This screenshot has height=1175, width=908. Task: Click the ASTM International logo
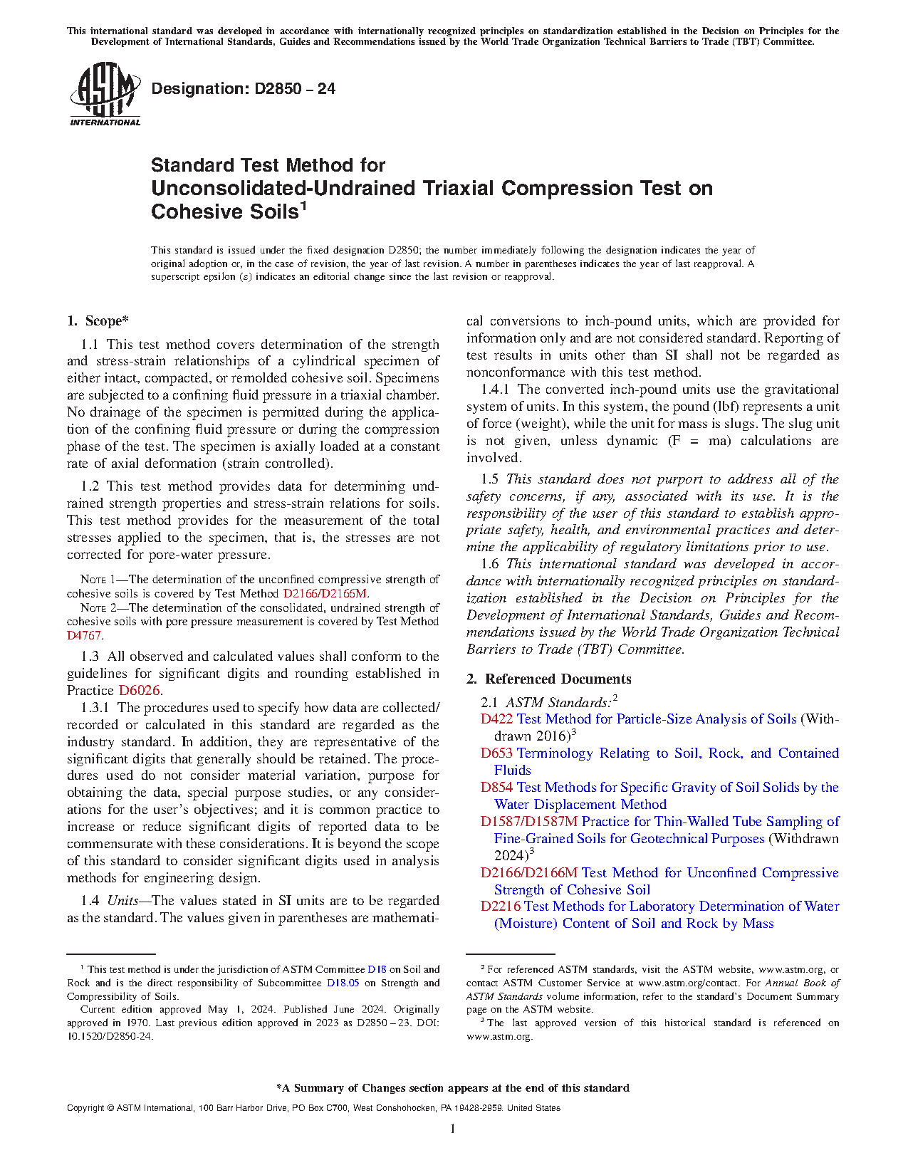point(105,94)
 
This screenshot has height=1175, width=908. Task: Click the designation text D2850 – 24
point(243,89)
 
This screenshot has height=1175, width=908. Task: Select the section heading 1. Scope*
point(98,321)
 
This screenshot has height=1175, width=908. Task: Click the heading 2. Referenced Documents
point(549,679)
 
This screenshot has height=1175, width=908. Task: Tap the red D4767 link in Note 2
point(84,635)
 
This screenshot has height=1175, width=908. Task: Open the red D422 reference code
point(496,719)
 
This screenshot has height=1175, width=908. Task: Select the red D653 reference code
point(496,753)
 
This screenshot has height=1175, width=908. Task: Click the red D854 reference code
point(496,788)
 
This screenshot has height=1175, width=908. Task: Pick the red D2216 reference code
point(501,907)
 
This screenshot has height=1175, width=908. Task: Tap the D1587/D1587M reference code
point(529,822)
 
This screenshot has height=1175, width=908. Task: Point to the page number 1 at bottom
point(453,1128)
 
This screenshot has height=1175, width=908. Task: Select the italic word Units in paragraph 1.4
point(122,901)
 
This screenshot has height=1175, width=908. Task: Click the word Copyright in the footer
point(85,1108)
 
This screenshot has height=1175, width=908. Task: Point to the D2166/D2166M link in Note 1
point(325,593)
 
